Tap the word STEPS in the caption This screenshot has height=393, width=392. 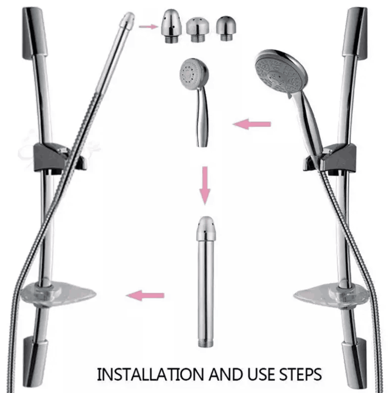pos(300,374)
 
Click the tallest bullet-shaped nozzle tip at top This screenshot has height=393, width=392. pos(171,26)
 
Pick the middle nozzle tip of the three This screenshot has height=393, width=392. pos(197,30)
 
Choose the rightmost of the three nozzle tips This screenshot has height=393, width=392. pos(226,28)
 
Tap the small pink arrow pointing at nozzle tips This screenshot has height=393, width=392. pos(148,26)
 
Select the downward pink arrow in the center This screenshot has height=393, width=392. pos(205,185)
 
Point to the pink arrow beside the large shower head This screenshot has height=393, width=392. pos(252,124)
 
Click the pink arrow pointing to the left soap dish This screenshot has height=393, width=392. pos(145,295)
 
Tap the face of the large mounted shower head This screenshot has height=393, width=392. pos(277,73)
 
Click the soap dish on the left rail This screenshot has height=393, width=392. pos(58,294)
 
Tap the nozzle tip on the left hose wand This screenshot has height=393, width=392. pos(127,19)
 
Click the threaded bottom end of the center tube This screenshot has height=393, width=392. pos(205,343)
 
